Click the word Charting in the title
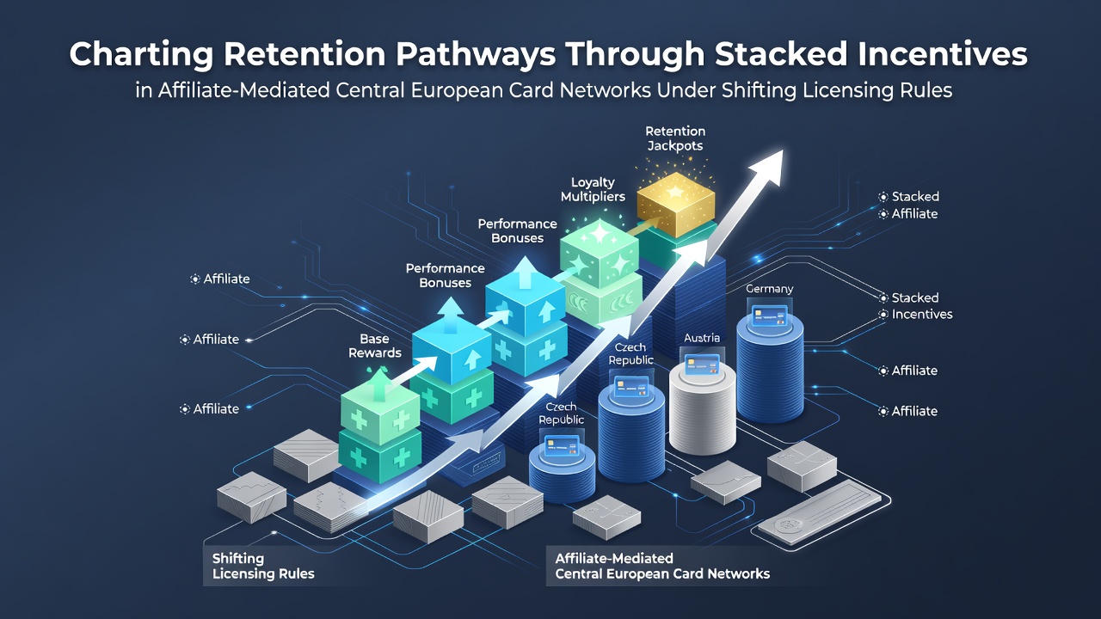141,55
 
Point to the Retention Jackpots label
675,138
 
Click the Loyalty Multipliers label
593,190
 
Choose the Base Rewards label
374,346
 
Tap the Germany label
769,289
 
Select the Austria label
702,338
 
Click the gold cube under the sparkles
676,204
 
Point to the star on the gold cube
675,191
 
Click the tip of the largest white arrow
782,150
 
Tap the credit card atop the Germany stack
770,316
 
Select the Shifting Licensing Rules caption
263,566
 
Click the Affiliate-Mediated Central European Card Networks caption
662,566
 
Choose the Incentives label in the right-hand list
922,315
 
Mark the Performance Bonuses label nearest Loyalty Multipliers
518,231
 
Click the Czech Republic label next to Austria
630,353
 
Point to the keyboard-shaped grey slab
819,512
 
